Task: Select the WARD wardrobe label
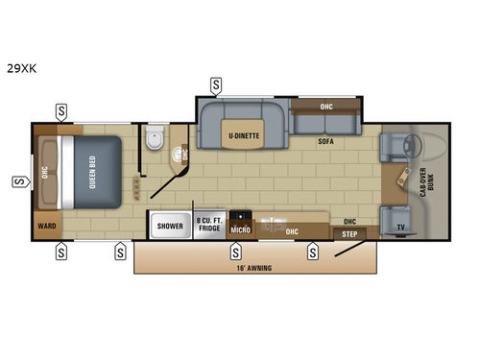(44, 227)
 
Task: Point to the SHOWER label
(170, 227)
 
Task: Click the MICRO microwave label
(240, 230)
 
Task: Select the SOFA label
(326, 141)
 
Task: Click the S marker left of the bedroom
(17, 180)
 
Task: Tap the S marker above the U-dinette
(219, 84)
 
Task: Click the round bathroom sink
(177, 151)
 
